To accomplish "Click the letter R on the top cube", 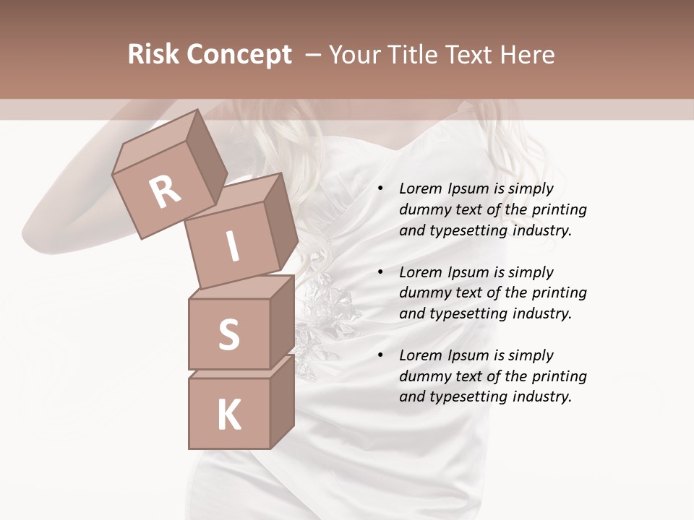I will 166,192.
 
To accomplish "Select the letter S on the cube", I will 228,334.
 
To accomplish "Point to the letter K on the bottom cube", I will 228,415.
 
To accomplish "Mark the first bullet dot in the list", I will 380,188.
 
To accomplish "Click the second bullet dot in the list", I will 380,272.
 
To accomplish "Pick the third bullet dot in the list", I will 380,355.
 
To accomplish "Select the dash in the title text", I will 313,55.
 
